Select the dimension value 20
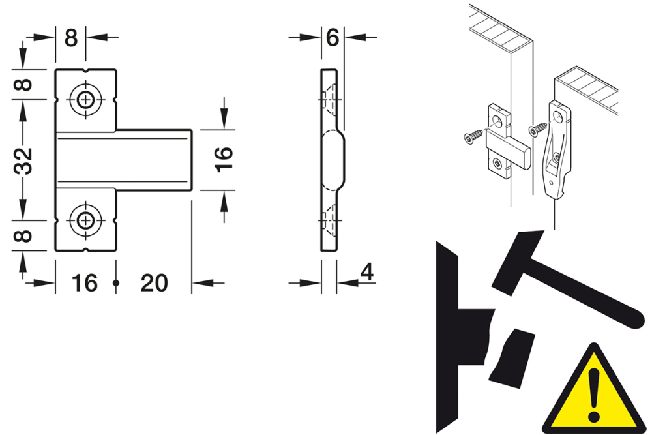point(154,283)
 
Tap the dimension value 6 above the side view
point(332,38)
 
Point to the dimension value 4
point(367,272)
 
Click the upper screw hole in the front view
point(85,100)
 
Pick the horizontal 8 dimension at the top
point(70,38)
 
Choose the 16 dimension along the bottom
point(84,283)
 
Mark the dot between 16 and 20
point(117,283)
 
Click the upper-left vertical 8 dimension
point(23,85)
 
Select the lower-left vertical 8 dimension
point(23,234)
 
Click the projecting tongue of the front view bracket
point(156,160)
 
